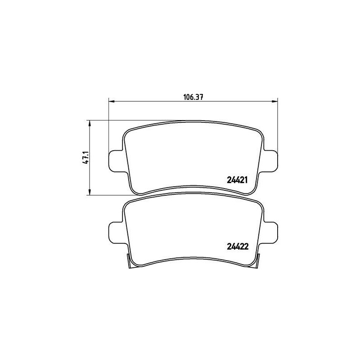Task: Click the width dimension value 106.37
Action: coord(193,97)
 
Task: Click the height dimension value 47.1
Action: coord(86,158)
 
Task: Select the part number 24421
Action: coord(237,180)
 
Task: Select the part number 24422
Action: coord(238,247)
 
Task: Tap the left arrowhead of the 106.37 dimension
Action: coord(111,101)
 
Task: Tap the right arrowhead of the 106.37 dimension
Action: coord(274,101)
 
